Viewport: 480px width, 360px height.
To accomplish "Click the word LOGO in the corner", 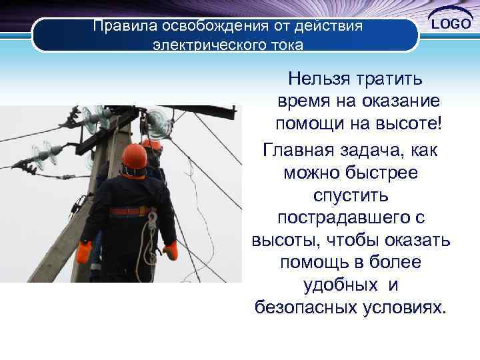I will pos(451,25).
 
